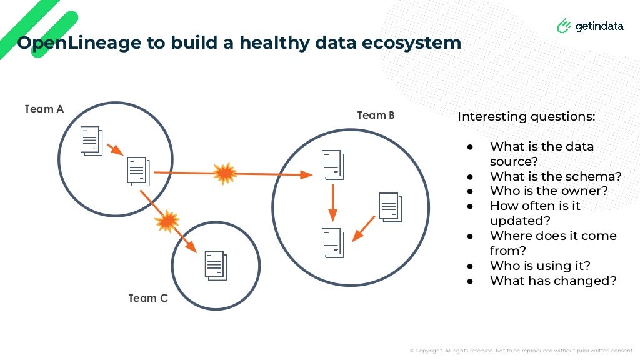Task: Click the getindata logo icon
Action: [564, 26]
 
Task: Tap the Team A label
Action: [44, 109]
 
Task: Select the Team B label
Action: [376, 115]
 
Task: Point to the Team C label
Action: [148, 298]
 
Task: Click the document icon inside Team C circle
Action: [216, 265]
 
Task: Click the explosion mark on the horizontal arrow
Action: [224, 173]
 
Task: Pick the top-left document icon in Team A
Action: [91, 140]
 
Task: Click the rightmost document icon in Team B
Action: [390, 207]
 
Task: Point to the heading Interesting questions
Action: [526, 117]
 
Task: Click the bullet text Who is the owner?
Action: [549, 191]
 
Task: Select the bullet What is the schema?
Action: [556, 176]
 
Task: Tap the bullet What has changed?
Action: [553, 281]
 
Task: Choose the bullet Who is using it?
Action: [540, 266]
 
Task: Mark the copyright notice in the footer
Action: [522, 351]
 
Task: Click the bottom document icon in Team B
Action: [332, 242]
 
